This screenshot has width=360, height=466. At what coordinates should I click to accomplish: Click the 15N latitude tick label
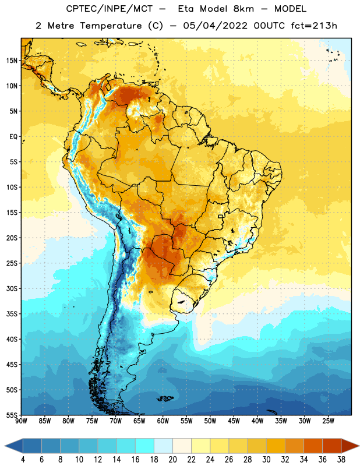tap(12, 61)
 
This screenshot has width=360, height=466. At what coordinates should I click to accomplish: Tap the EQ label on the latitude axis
tap(13, 137)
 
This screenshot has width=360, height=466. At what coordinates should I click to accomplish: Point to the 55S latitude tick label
tap(12, 415)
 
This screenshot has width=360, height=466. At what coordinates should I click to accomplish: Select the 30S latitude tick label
tap(12, 288)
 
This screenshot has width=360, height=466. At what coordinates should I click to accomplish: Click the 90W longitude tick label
tap(21, 421)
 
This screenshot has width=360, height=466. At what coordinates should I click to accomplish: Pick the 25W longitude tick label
tap(328, 421)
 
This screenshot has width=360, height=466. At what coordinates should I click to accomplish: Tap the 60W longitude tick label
tap(163, 421)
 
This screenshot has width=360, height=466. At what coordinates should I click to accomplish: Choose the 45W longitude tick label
tap(234, 421)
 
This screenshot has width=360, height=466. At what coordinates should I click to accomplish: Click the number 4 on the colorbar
tap(23, 460)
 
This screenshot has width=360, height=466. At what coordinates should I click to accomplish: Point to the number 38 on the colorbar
tap(341, 460)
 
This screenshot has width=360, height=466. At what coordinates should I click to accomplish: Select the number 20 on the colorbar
tap(172, 460)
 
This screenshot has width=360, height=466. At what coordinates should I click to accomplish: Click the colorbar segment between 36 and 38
tap(332, 446)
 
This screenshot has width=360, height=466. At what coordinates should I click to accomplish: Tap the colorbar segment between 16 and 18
tap(145, 446)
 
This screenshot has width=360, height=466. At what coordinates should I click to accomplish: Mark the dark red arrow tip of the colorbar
tap(359, 446)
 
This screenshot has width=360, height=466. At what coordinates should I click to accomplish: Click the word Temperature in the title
tap(111, 26)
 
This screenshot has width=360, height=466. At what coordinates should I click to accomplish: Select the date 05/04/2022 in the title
tap(215, 26)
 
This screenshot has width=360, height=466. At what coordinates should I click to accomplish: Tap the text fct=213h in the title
tap(314, 26)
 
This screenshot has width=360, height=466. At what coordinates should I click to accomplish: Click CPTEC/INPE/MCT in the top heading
tap(109, 9)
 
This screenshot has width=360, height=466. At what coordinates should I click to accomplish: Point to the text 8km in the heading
tap(243, 9)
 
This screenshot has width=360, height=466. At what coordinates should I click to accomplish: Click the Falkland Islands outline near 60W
tap(165, 398)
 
